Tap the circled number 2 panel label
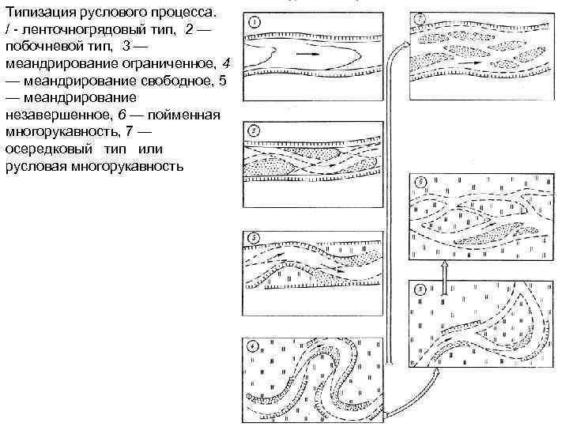tap(251, 130)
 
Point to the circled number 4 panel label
tap(251, 346)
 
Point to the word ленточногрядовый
tap(80, 31)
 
